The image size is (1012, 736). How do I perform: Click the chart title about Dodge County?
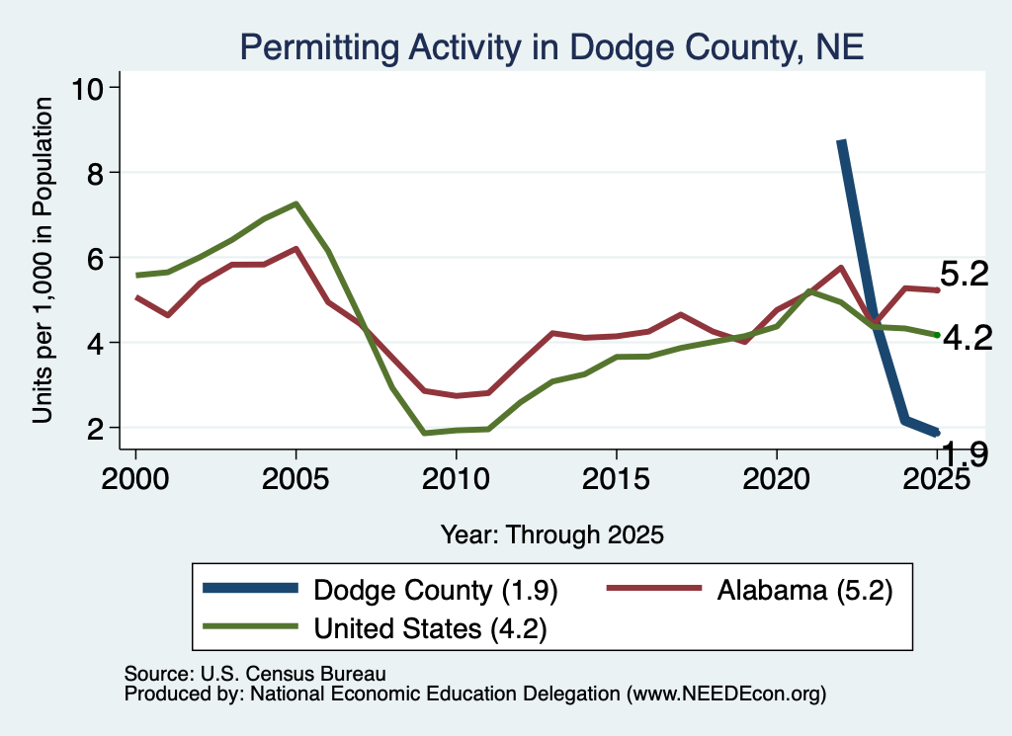(x=551, y=47)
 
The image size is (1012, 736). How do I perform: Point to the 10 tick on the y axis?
(x=87, y=88)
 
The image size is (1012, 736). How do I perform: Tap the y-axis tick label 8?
(x=95, y=173)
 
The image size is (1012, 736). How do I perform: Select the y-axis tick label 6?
(x=95, y=258)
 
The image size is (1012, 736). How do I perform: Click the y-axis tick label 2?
(x=95, y=428)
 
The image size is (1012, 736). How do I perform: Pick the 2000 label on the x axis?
(x=135, y=478)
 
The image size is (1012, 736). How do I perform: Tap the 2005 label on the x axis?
(x=295, y=478)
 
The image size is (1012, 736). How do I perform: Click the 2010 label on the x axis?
(x=456, y=478)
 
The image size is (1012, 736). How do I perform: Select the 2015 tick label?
(x=617, y=478)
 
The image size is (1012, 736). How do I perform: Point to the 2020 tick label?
(x=777, y=478)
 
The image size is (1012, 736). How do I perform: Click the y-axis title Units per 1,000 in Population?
(x=42, y=260)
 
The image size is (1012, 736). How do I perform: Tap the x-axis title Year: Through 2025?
(x=551, y=534)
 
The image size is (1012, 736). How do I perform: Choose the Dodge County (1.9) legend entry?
(x=380, y=590)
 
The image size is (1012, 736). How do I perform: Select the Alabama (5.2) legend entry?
(x=749, y=590)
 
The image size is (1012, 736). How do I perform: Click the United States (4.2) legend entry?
(x=375, y=627)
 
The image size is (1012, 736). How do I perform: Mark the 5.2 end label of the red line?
(x=965, y=274)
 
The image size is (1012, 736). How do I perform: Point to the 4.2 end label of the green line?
(x=968, y=338)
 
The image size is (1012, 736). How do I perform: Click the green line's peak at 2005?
(x=295, y=204)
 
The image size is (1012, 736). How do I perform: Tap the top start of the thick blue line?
(x=841, y=140)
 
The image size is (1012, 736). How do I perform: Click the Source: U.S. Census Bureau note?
(x=255, y=674)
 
